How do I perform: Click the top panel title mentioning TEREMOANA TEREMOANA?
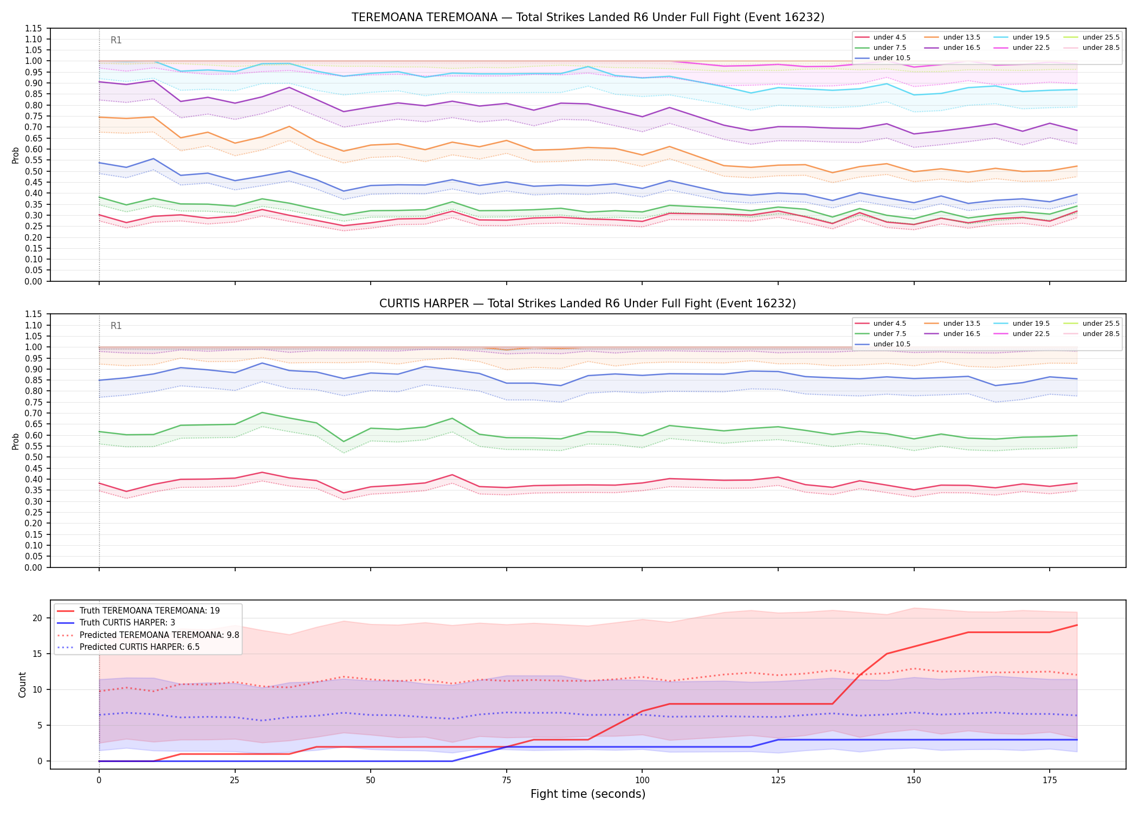[588, 17]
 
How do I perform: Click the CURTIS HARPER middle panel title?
[588, 304]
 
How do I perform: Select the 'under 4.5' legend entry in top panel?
[881, 37]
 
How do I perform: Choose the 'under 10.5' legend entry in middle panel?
[883, 344]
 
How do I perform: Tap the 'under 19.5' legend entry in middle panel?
[1022, 324]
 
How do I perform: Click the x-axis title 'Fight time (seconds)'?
[588, 794]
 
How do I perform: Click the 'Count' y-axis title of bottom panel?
[22, 685]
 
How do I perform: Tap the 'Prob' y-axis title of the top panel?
[16, 155]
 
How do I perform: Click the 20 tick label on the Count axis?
[37, 618]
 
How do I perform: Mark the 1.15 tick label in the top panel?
[34, 28]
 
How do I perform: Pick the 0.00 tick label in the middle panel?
[34, 567]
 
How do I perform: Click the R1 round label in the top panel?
[116, 40]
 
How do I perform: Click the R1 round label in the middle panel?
[116, 326]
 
